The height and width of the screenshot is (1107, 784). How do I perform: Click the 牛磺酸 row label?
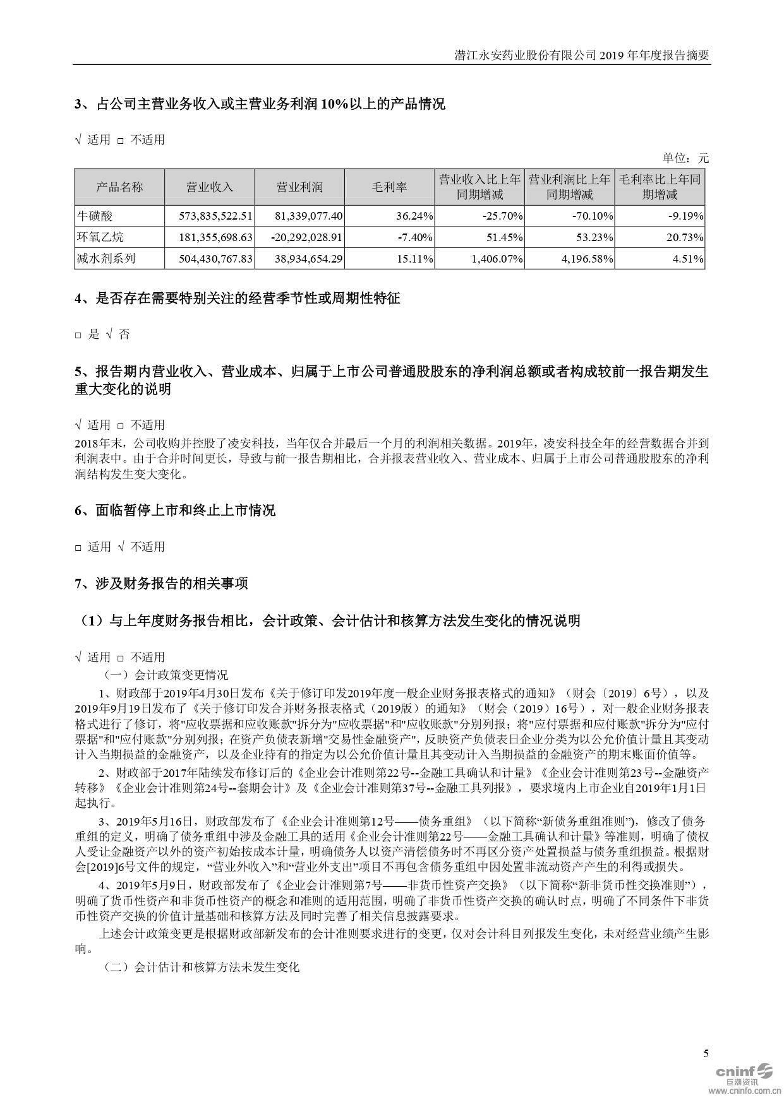(x=95, y=216)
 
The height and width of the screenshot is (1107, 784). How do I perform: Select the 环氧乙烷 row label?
(x=100, y=237)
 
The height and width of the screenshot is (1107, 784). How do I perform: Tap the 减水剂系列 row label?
(x=106, y=259)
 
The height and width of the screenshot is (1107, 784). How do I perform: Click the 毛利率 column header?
(x=389, y=187)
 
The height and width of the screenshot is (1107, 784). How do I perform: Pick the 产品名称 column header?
(x=119, y=187)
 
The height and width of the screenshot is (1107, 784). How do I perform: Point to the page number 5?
(x=706, y=1053)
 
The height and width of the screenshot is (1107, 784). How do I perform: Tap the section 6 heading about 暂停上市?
(x=175, y=510)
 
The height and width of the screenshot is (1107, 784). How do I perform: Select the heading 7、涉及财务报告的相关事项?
(x=161, y=584)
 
